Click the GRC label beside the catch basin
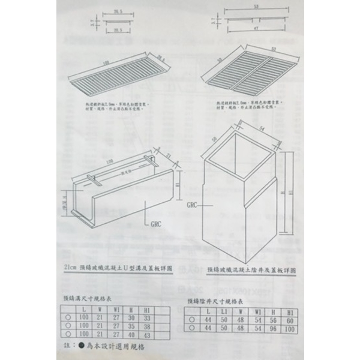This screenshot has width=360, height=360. tap(192, 205)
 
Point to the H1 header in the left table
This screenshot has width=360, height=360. tap(147, 308)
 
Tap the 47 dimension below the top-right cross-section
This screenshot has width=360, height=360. tap(256, 28)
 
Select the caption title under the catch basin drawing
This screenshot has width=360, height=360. tap(255, 271)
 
